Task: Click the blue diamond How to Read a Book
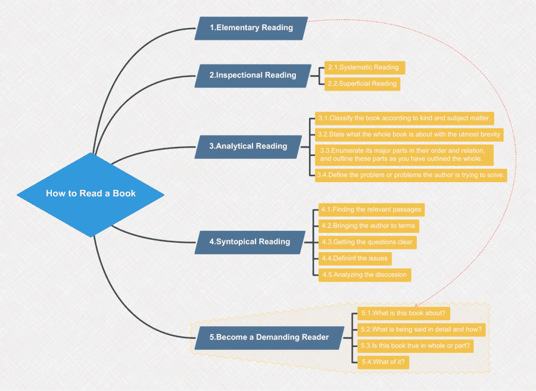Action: (91, 193)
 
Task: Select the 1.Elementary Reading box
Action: (251, 28)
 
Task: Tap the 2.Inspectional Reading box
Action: (253, 76)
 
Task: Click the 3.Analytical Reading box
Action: (248, 146)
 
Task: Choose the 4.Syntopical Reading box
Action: (250, 242)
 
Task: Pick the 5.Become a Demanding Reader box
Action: (269, 337)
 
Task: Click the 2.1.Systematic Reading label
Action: (364, 68)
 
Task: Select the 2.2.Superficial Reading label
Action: (363, 84)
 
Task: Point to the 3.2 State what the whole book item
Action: (409, 134)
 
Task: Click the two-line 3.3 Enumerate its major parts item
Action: (404, 154)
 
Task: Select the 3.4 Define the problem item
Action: (412, 174)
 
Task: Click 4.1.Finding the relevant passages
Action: (372, 209)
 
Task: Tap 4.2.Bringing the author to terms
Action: (368, 226)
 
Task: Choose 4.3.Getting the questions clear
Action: (367, 242)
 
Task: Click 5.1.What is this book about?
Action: (403, 312)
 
